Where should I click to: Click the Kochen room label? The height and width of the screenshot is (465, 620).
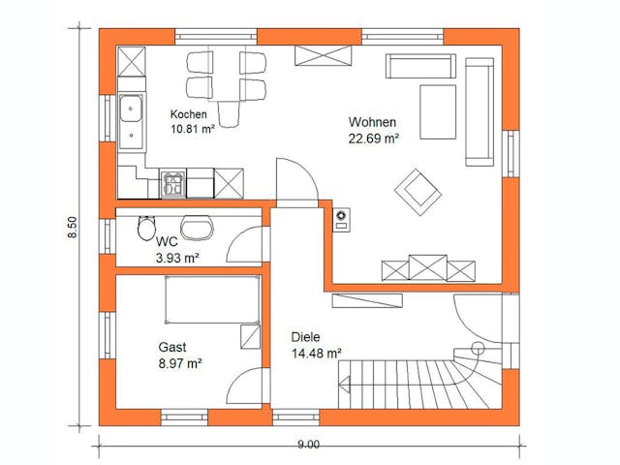[x=190, y=113]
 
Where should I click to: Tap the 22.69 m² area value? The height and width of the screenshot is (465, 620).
[x=374, y=138]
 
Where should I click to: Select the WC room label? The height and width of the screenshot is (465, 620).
[x=166, y=242]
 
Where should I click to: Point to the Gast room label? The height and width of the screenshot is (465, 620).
[x=172, y=347]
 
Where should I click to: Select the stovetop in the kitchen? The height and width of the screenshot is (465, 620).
[x=173, y=182]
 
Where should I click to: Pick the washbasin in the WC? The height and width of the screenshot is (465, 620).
[x=200, y=227]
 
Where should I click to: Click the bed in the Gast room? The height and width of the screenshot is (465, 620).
[x=212, y=299]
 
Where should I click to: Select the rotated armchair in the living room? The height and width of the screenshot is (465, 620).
[x=417, y=190]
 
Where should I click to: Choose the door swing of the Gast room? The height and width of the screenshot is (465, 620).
[x=248, y=387]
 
